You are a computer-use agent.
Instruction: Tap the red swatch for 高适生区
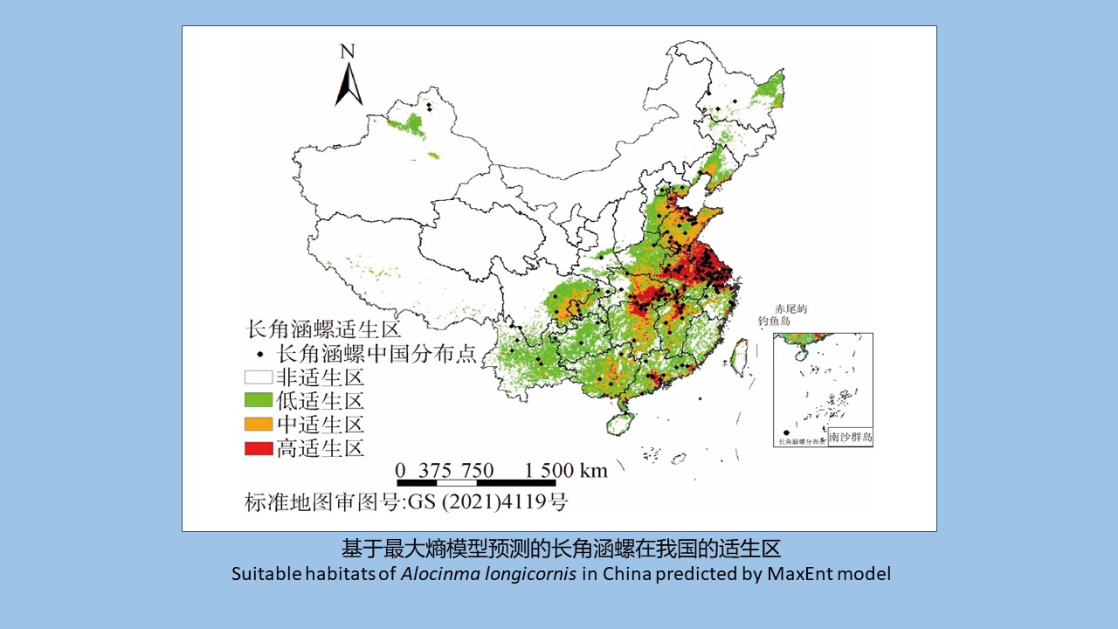coord(258,449)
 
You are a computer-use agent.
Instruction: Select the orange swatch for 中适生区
coord(258,425)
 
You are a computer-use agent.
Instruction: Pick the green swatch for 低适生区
coord(258,402)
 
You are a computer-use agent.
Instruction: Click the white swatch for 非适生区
coord(258,378)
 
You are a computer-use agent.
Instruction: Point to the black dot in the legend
coord(259,355)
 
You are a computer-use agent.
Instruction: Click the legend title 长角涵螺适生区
coord(323,330)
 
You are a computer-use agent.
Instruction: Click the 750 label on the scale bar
coord(478,470)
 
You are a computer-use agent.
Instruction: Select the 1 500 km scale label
coord(565,470)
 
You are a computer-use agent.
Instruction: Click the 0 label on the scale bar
coord(401,470)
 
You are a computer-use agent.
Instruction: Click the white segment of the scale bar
coord(457,482)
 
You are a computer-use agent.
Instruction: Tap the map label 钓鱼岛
coord(774,321)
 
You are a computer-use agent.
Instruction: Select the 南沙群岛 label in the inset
coord(850,437)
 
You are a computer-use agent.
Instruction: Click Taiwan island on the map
coord(738,354)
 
